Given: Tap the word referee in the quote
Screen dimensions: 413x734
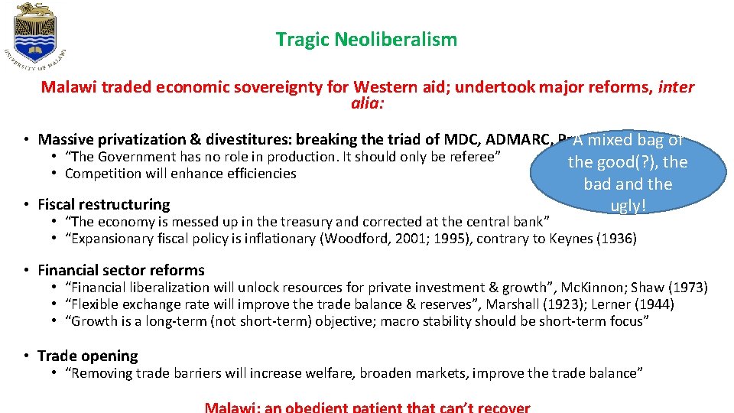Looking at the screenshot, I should [x=473, y=157].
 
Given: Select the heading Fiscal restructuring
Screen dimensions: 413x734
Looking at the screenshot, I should [x=103, y=204].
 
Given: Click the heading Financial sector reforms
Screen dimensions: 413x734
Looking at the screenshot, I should [x=121, y=270].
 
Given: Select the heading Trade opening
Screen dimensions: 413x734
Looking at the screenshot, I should [x=87, y=356].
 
